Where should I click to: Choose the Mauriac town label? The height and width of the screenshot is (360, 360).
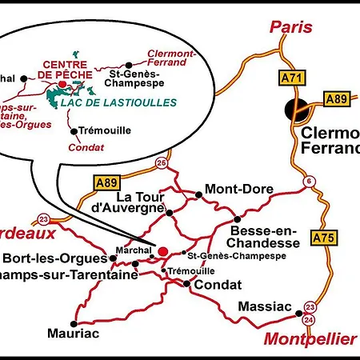73,333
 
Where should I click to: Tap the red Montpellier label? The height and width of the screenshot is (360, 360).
310,338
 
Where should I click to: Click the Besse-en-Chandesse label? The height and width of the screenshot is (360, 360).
264,235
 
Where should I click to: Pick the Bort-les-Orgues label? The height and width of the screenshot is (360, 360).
54,258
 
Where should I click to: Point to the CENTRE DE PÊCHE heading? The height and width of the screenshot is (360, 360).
64,70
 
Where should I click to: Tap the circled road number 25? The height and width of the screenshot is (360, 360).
162,163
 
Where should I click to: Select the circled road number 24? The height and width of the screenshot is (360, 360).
310,318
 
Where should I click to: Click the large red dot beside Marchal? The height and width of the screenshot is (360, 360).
163,250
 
